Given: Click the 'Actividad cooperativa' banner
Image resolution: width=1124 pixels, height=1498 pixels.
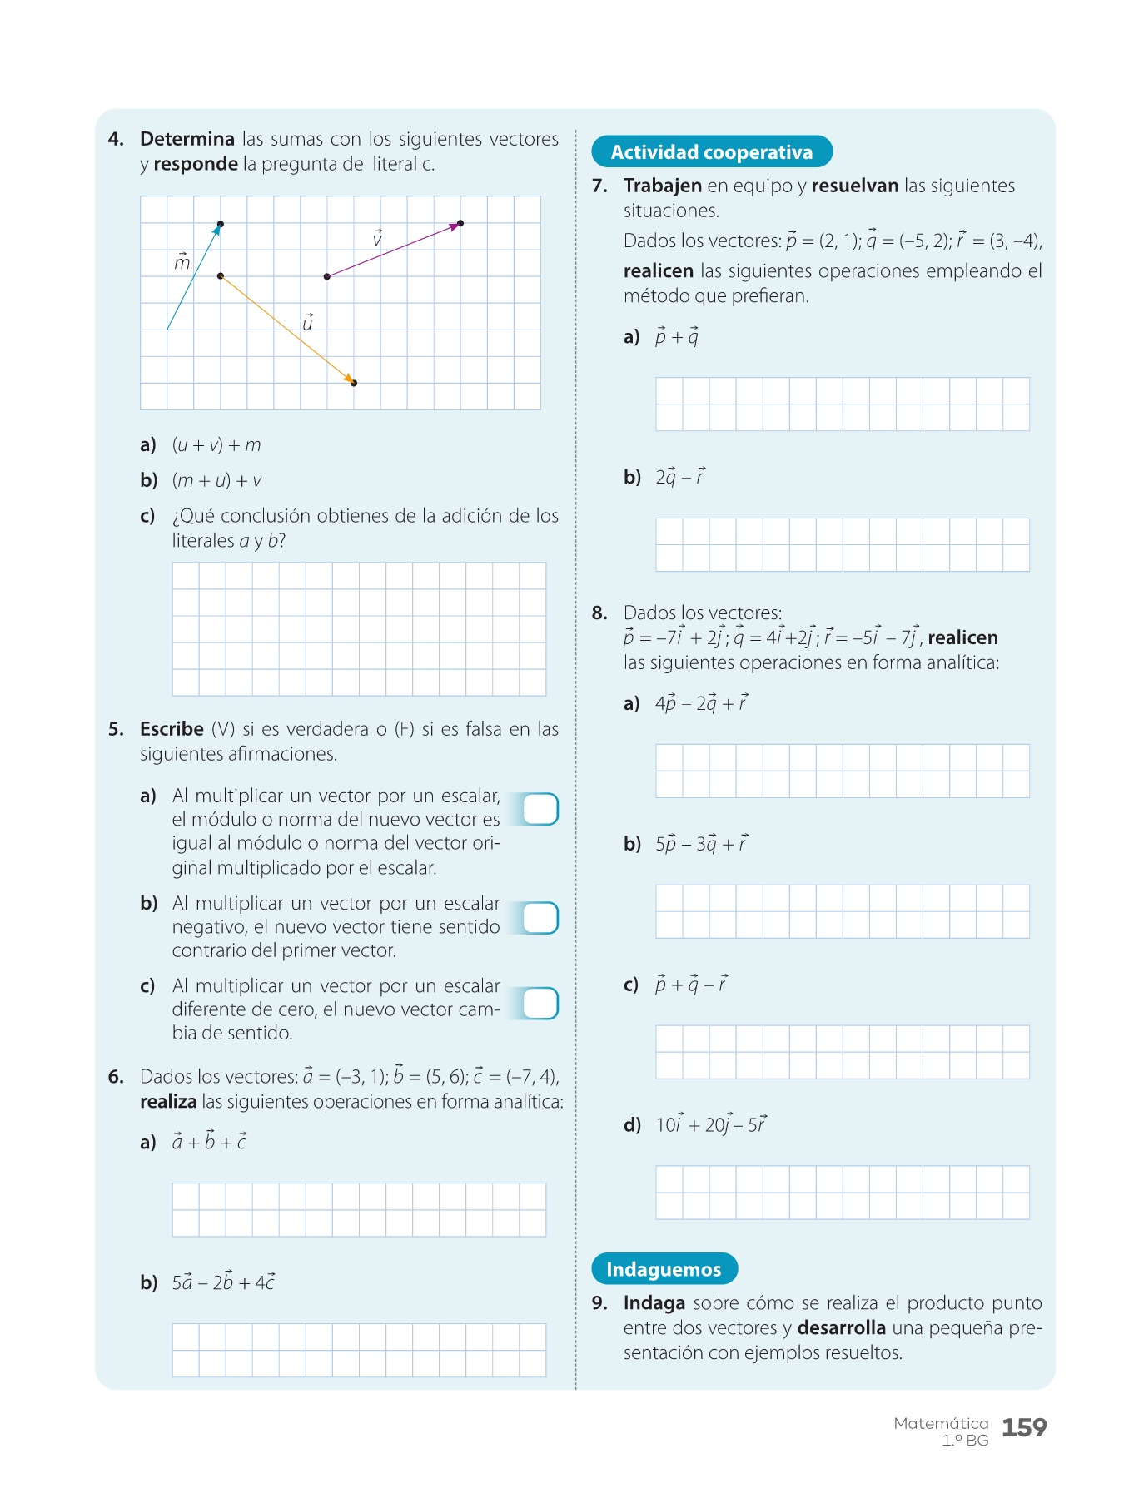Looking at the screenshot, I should pyautogui.click(x=711, y=151).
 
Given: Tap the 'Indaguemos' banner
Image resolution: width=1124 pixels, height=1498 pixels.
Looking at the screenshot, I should pyautogui.click(x=664, y=1269).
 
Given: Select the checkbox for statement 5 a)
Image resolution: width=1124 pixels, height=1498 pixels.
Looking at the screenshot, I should pyautogui.click(x=540, y=809).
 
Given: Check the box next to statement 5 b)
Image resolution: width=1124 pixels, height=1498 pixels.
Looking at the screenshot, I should pyautogui.click(x=540, y=918).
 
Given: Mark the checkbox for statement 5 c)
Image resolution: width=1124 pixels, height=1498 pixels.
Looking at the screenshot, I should pyautogui.click(x=540, y=1003).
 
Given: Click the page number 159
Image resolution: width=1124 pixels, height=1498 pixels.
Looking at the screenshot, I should pyautogui.click(x=1023, y=1428).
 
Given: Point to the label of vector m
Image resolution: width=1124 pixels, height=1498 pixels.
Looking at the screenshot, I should pyautogui.click(x=182, y=262).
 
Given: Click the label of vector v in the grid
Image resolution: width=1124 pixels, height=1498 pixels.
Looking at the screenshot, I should pyautogui.click(x=377, y=239).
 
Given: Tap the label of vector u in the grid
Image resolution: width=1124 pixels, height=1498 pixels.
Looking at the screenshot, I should pyautogui.click(x=307, y=323).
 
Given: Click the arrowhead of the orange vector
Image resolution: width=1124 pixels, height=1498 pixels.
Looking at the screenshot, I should pyautogui.click(x=350, y=379).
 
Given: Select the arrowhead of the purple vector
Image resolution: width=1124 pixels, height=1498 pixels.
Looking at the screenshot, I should pyautogui.click(x=455, y=225).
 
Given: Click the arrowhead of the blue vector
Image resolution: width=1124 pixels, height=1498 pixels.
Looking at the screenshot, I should pyautogui.click(x=217, y=230).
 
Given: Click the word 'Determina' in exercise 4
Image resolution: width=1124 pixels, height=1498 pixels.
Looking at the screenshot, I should pyautogui.click(x=187, y=139).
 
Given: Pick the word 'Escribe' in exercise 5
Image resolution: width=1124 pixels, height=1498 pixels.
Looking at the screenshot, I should pyautogui.click(x=172, y=729).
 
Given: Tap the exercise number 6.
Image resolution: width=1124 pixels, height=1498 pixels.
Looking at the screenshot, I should pyautogui.click(x=116, y=1077).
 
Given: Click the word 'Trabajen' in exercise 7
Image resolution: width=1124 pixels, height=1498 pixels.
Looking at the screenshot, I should pyautogui.click(x=662, y=186).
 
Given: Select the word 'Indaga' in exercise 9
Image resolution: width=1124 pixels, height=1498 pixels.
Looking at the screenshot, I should pyautogui.click(x=654, y=1303).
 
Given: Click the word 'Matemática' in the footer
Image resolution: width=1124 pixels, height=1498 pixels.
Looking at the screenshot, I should pyautogui.click(x=941, y=1423).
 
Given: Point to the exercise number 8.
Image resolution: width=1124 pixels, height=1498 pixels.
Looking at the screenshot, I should pyautogui.click(x=599, y=613).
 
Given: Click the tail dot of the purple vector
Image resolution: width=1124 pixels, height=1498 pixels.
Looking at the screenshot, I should pyautogui.click(x=327, y=276).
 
